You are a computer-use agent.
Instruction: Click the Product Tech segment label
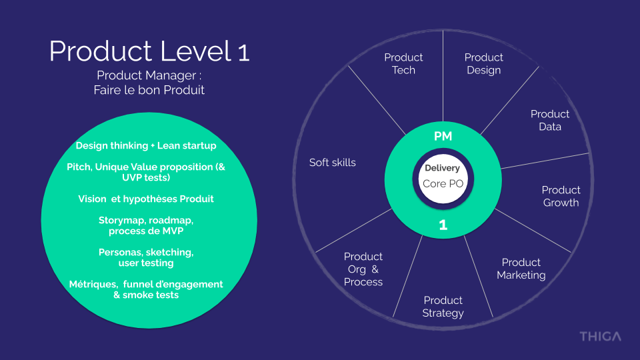(x=403, y=64)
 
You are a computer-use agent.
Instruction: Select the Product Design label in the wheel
(x=483, y=64)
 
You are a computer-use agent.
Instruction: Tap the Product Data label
(x=550, y=120)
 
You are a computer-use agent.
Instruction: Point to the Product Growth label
(x=561, y=196)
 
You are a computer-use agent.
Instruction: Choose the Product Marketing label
(x=521, y=269)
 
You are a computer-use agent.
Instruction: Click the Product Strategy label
(x=443, y=307)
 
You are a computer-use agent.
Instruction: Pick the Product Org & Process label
(x=363, y=269)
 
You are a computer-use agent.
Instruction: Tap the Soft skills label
(x=333, y=163)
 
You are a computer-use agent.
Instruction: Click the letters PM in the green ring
(x=443, y=137)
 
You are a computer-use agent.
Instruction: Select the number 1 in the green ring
(x=443, y=225)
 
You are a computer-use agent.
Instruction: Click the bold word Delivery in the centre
(x=443, y=168)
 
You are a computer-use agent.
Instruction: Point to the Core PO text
(x=443, y=183)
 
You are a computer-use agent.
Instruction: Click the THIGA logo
(x=599, y=336)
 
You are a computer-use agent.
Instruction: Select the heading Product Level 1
(x=149, y=52)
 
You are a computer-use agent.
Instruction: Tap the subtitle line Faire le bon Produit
(x=149, y=90)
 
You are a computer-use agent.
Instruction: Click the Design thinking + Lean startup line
(x=146, y=145)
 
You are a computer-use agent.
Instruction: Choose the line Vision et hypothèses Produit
(x=146, y=199)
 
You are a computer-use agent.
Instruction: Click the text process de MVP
(x=146, y=231)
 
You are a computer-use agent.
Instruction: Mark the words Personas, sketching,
(x=146, y=252)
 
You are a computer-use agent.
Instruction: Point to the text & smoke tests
(x=146, y=295)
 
